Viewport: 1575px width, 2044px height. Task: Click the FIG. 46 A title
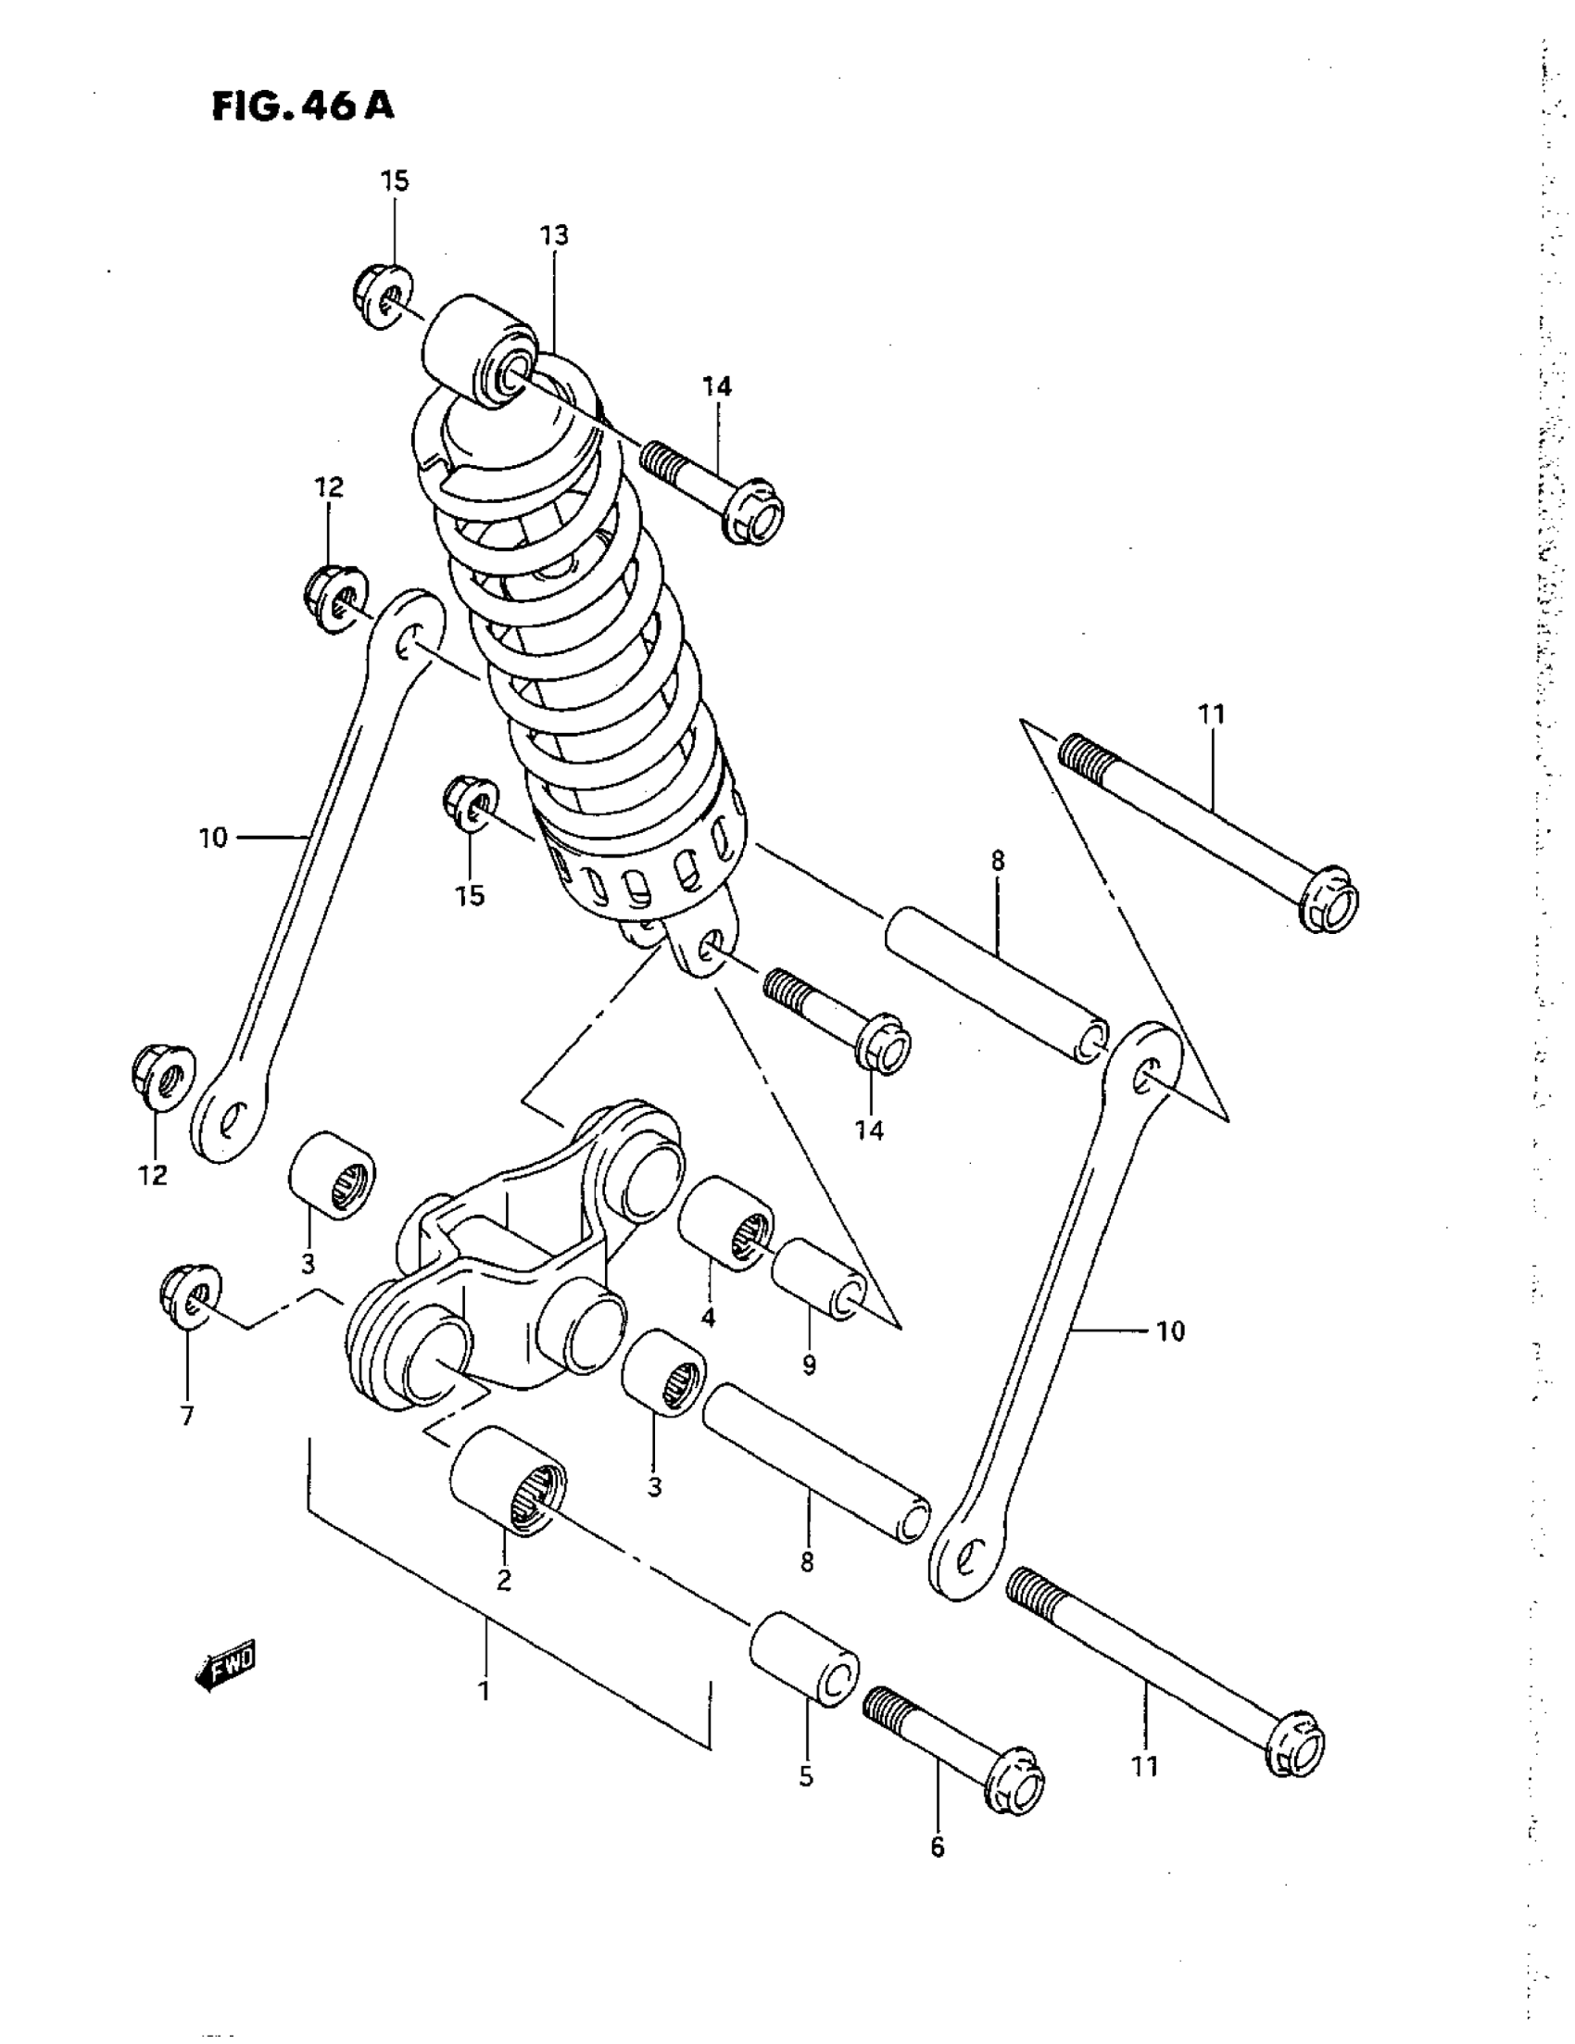[x=302, y=106]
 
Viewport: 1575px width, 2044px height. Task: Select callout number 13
[x=553, y=235]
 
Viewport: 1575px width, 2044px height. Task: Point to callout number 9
[x=809, y=1366]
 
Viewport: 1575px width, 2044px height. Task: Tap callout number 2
[x=503, y=1581]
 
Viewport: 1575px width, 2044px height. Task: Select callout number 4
[x=708, y=1318]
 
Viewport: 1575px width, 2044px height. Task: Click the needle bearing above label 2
[x=508, y=1480]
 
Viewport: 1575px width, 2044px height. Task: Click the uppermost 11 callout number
[x=1211, y=714]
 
